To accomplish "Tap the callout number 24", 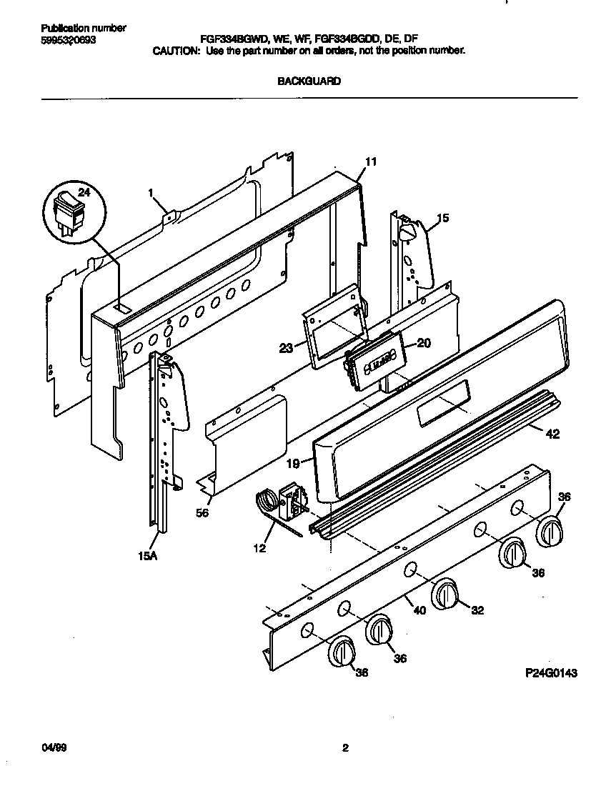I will [84, 192].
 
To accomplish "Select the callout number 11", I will [370, 162].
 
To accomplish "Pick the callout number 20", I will [423, 343].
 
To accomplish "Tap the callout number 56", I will [202, 512].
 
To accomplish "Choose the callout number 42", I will [552, 434].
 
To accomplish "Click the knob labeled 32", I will [445, 595].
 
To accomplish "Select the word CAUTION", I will [175, 51].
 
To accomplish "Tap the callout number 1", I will [151, 192].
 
